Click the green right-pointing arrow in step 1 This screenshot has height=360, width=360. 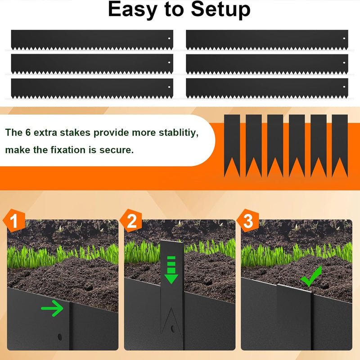point(52,308)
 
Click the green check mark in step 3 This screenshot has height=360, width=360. point(311,277)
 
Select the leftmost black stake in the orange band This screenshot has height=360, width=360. point(232,145)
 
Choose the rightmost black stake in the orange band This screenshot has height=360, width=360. point(340,145)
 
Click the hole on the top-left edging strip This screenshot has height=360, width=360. point(169,38)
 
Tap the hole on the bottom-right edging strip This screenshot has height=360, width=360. point(344,86)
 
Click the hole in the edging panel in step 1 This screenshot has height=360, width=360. point(59,336)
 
